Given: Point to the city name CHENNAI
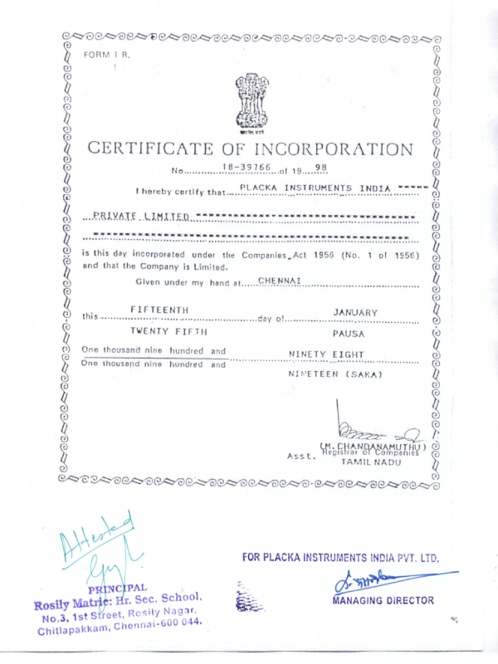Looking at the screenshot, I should [x=279, y=281].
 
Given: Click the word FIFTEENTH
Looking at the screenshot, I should [x=160, y=310].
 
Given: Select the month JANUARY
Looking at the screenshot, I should [x=355, y=312].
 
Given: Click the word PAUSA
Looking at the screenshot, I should [x=349, y=334].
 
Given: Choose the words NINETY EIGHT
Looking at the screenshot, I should [x=326, y=354].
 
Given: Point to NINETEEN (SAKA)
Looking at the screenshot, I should [x=334, y=375].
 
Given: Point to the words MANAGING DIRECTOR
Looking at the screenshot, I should [x=383, y=599].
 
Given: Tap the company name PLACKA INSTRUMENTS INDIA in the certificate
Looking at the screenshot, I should [x=315, y=188].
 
